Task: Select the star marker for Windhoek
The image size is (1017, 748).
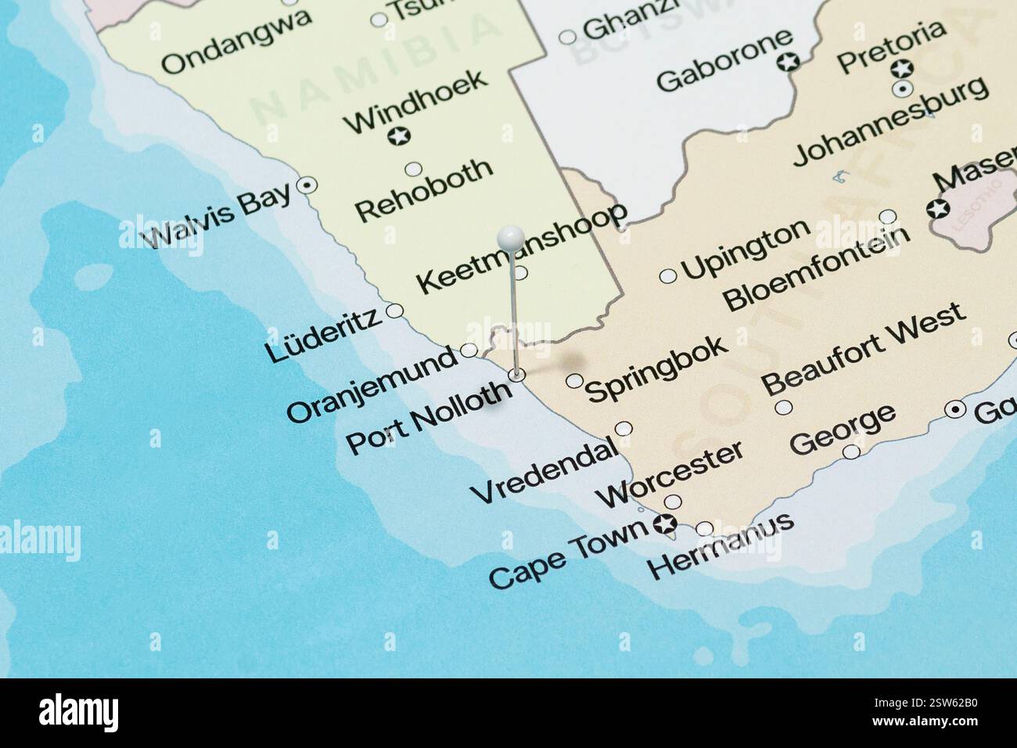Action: coord(399,137)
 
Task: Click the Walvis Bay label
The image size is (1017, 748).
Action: coord(218,215)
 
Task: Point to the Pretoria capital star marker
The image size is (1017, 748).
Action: coord(903,69)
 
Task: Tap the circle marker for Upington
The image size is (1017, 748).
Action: coord(668,275)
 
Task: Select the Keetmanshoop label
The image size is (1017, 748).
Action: coord(522,247)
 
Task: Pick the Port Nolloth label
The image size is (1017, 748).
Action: coord(429,417)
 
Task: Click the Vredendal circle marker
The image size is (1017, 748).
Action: coord(624,429)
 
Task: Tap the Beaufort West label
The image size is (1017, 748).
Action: coord(864,349)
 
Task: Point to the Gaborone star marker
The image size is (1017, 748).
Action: coord(790,61)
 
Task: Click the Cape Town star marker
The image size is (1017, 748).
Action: coord(667,524)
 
